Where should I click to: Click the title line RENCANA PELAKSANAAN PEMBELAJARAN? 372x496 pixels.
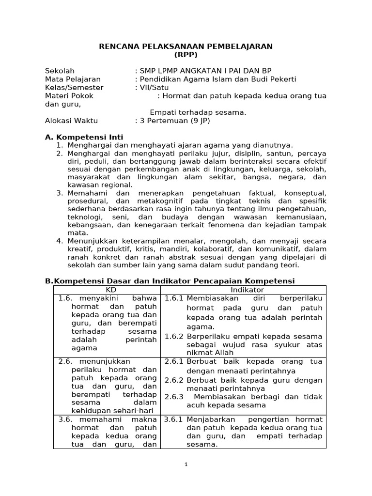(x=186, y=46)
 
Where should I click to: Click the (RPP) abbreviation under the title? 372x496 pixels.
(x=186, y=55)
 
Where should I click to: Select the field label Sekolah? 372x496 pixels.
(x=60, y=71)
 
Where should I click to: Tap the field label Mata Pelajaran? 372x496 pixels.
(x=73, y=79)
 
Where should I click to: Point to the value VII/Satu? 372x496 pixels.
(x=150, y=87)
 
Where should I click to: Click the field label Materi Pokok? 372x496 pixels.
(x=69, y=96)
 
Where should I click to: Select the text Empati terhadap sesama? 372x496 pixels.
(x=198, y=112)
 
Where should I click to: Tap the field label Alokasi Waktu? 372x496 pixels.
(x=71, y=121)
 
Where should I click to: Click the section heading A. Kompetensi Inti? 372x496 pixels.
(x=84, y=137)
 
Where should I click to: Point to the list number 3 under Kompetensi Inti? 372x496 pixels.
(x=60, y=193)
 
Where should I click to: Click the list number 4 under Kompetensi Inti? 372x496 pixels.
(x=60, y=241)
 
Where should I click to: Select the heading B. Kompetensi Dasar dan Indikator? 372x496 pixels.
(x=170, y=281)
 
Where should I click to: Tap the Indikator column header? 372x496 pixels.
(x=244, y=289)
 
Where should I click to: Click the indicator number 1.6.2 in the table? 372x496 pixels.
(x=173, y=336)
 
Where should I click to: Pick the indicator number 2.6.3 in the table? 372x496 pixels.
(x=173, y=397)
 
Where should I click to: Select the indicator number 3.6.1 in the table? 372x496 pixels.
(x=173, y=419)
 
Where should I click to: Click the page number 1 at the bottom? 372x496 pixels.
(x=186, y=464)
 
